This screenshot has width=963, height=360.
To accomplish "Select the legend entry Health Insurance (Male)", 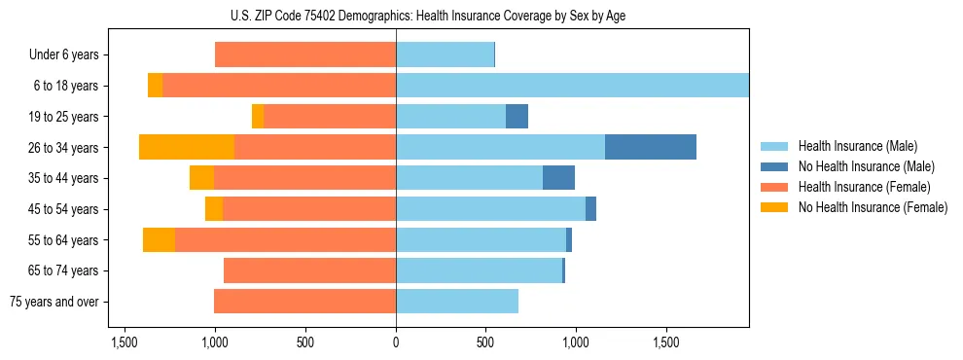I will tap(852, 147).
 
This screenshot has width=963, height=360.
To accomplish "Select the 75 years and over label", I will tap(53, 302).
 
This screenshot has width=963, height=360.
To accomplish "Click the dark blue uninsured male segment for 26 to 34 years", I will tap(650, 147).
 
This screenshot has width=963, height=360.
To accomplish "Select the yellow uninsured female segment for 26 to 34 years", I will tap(187, 147).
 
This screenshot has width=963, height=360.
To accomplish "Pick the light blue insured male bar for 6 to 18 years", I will tap(572, 86).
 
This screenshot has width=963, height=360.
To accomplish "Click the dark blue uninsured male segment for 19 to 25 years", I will tap(517, 117).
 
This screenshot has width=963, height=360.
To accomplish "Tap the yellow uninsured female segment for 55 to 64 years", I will tap(159, 240).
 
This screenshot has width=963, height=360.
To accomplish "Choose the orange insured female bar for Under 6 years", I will tap(305, 54).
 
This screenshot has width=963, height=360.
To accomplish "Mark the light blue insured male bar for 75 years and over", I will tap(457, 302).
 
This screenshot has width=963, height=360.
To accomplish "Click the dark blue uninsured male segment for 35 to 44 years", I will tap(558, 178).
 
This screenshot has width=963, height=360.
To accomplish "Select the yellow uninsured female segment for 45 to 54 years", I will tap(214, 209).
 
